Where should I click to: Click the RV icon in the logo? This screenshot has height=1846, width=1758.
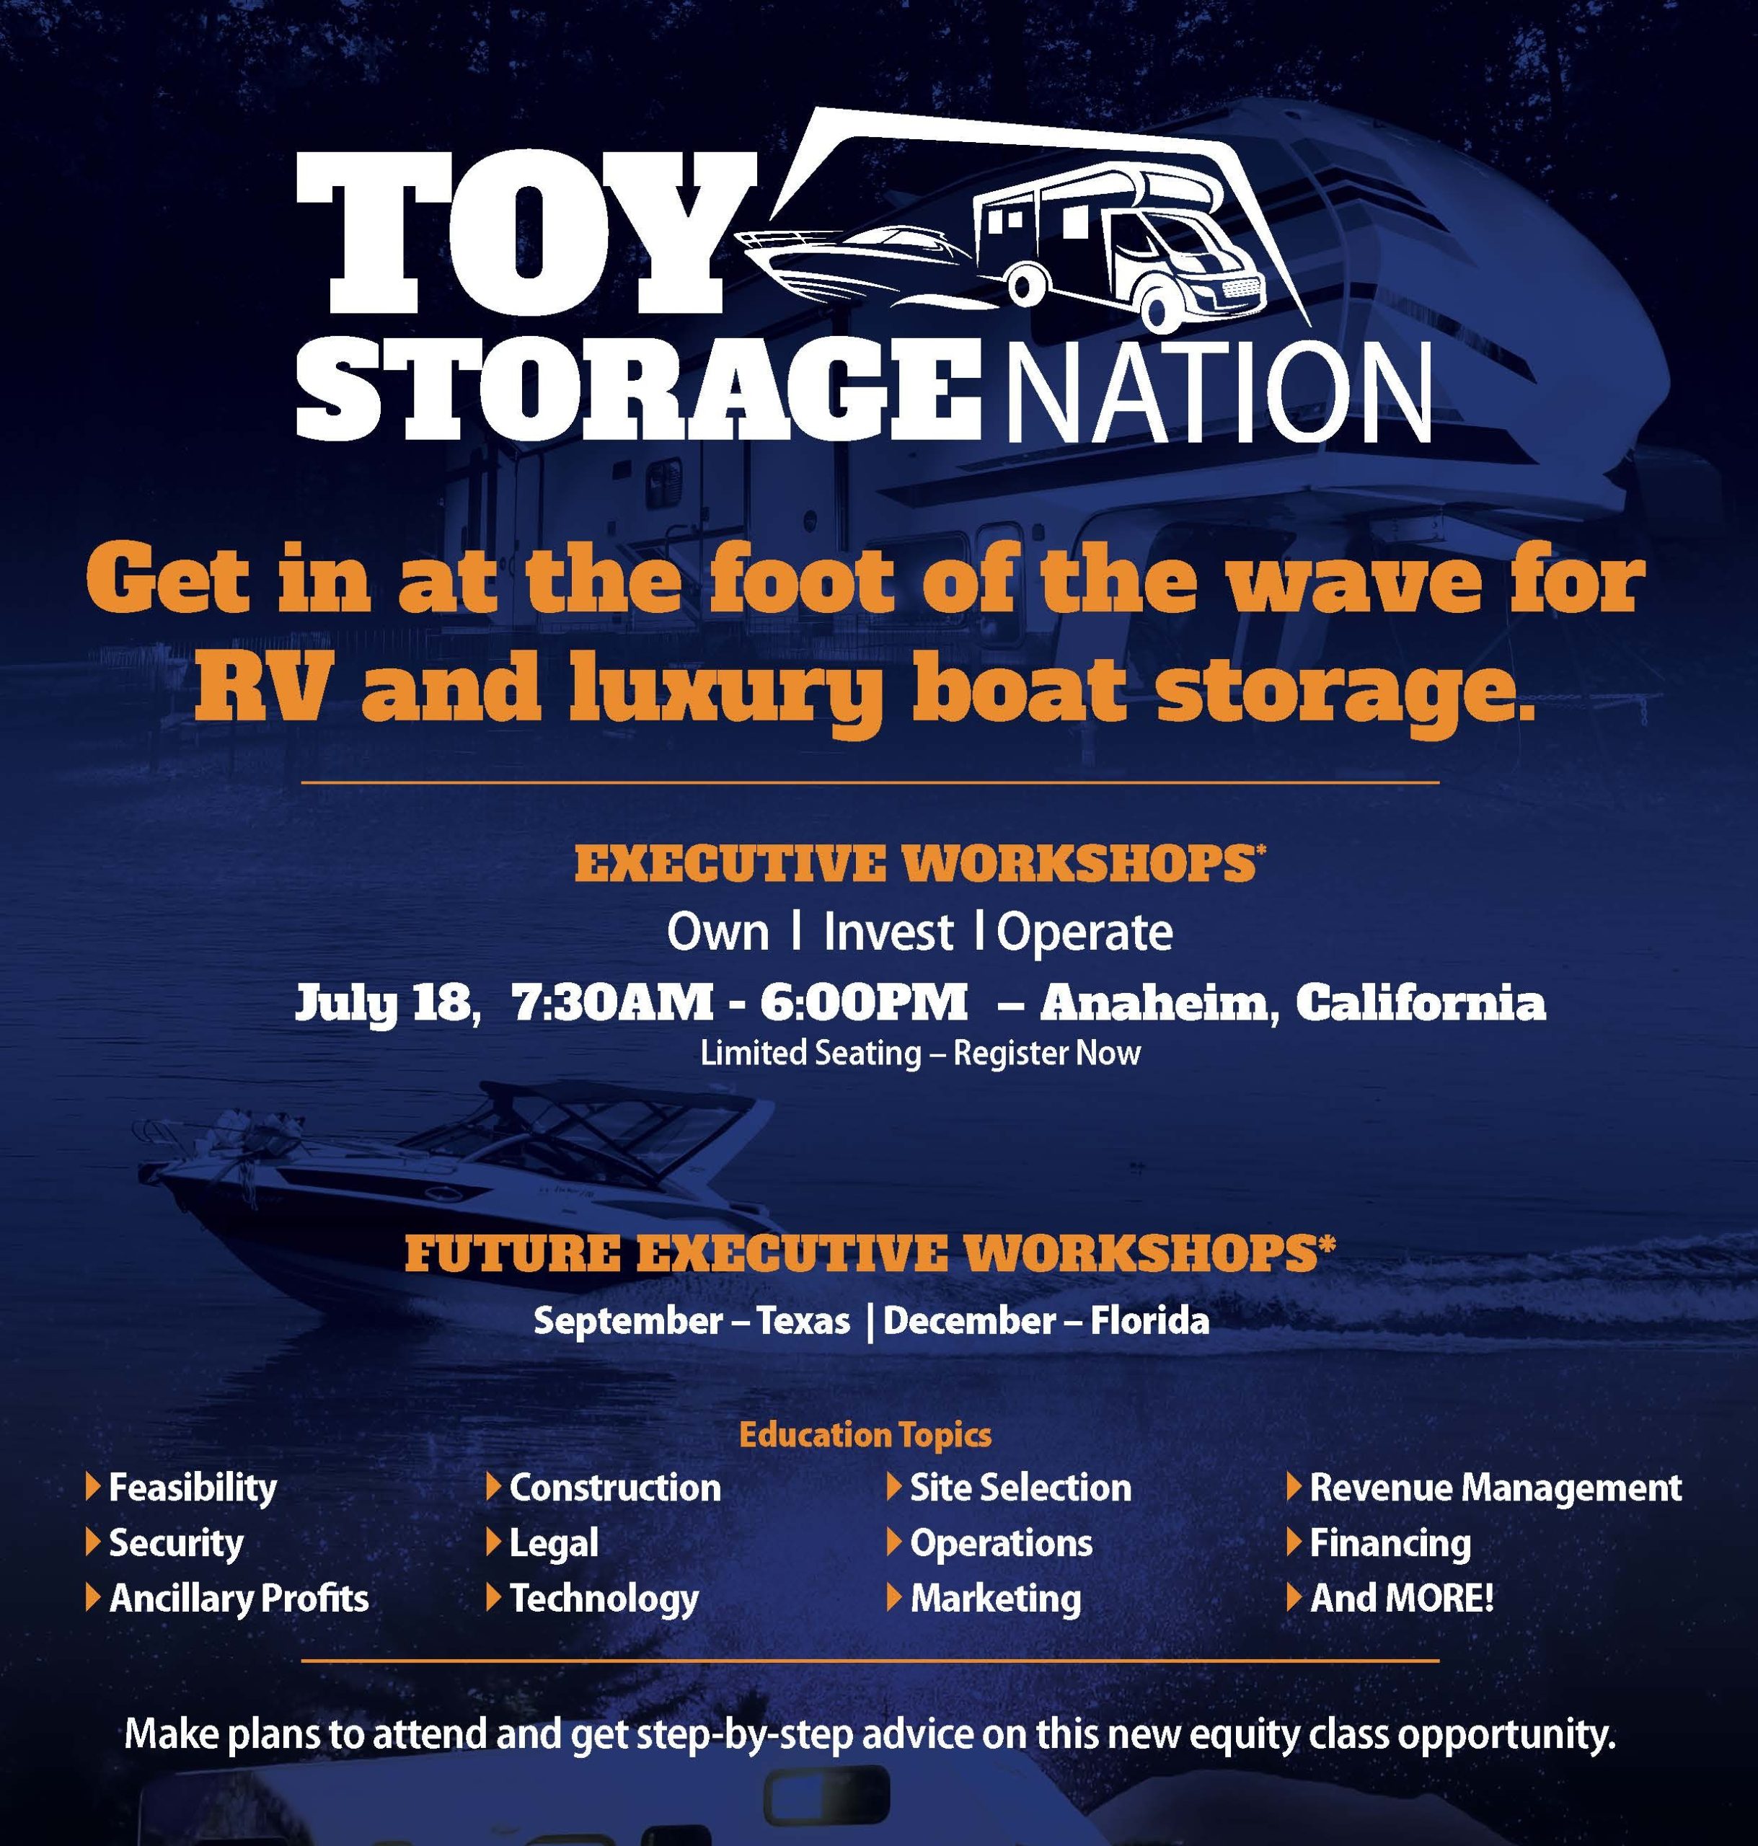(1119, 247)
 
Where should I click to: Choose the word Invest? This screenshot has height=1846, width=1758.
(888, 932)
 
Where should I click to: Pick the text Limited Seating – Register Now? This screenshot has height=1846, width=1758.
(920, 1054)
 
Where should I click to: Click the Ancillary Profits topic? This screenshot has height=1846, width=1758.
(239, 1599)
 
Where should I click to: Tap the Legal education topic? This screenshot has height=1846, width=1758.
(554, 1543)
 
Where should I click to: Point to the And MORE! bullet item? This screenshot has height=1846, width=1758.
(1401, 1599)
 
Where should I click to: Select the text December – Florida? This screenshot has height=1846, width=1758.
(1046, 1321)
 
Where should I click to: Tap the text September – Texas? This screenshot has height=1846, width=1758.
(692, 1321)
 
